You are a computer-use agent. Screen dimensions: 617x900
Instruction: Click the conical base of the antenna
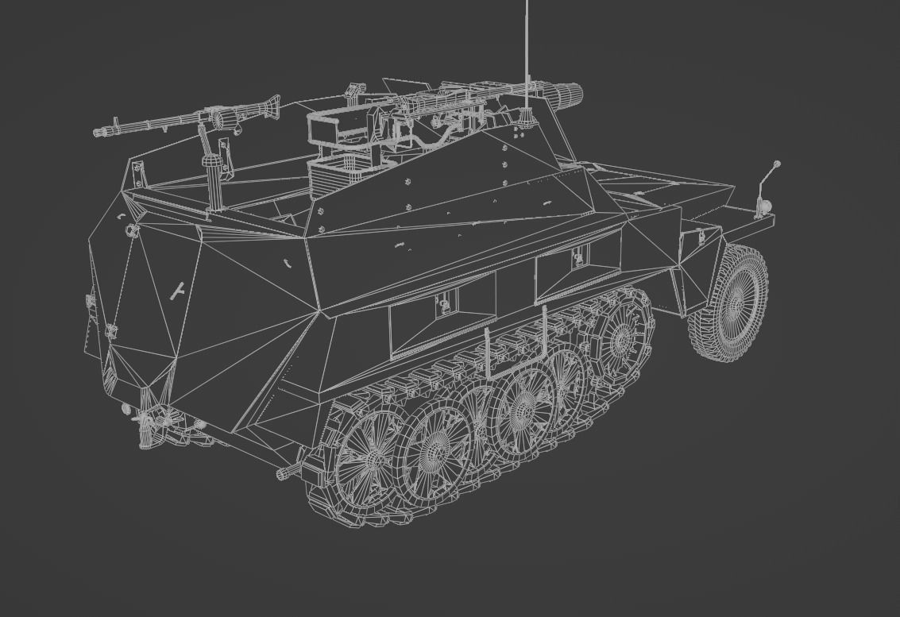coord(525,118)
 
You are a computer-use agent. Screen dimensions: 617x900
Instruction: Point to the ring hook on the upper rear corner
coord(132,230)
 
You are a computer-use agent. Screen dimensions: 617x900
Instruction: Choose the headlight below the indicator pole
coord(765,206)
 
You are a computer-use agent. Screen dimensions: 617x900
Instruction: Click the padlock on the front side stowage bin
coord(577,256)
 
